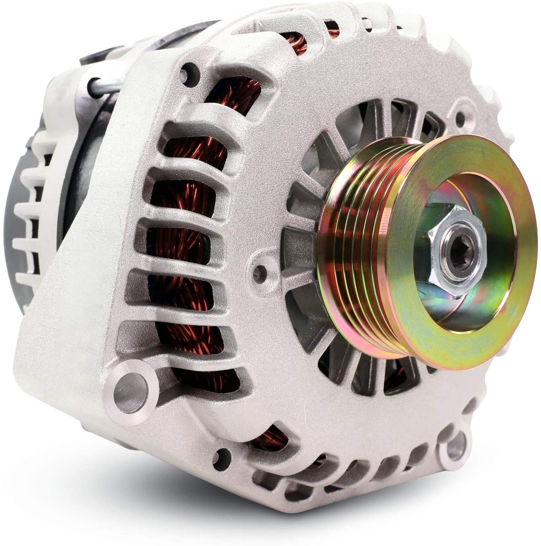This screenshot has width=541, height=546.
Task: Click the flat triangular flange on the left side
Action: point(74,287)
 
